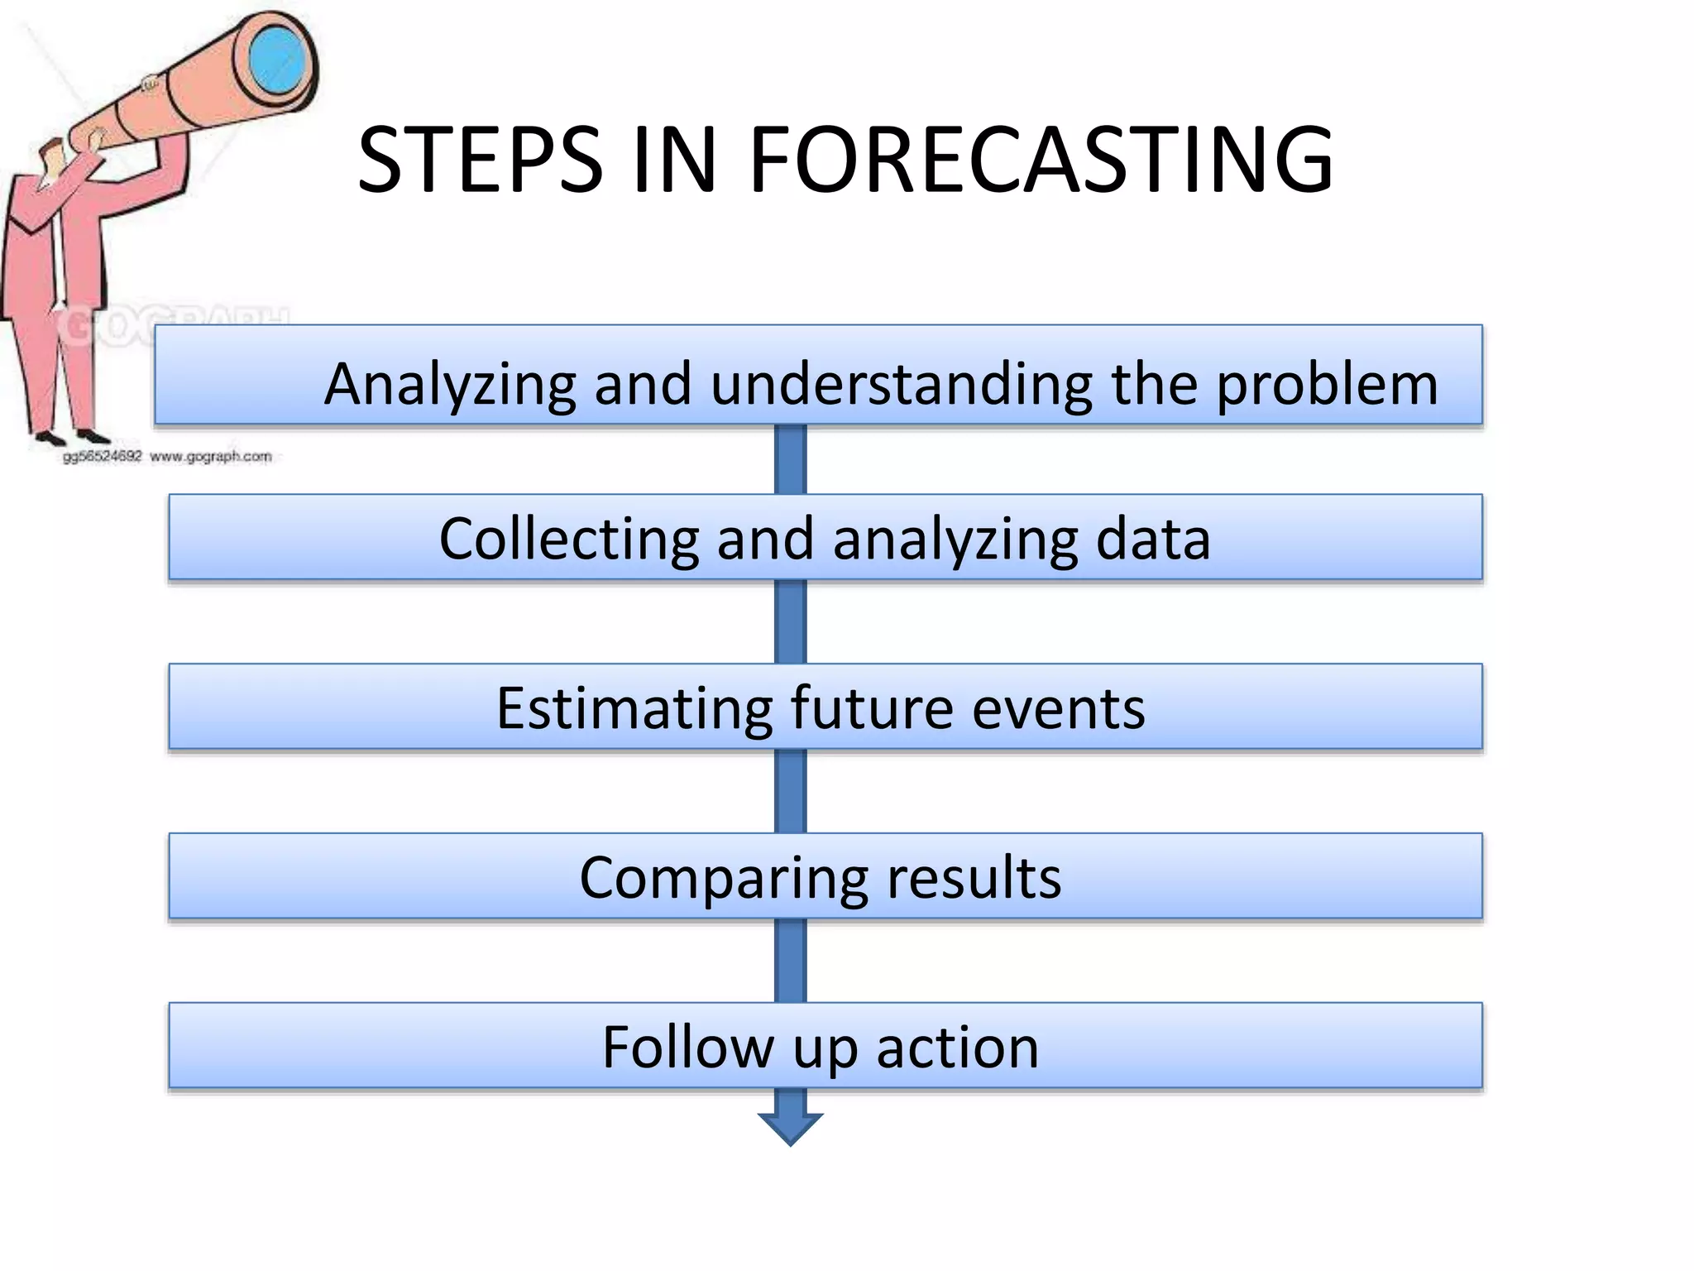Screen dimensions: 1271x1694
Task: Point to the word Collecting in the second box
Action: point(569,540)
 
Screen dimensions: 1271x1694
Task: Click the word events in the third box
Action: point(1059,710)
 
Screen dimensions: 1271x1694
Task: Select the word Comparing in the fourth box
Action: point(723,880)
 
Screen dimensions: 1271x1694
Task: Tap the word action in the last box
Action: point(957,1048)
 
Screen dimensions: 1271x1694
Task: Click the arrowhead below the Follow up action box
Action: point(790,1126)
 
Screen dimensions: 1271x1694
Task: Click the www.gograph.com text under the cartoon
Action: point(211,456)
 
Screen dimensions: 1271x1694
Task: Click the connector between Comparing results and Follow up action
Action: point(790,960)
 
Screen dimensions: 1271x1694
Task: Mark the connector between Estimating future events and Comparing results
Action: point(790,791)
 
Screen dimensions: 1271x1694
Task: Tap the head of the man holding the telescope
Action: point(55,157)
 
